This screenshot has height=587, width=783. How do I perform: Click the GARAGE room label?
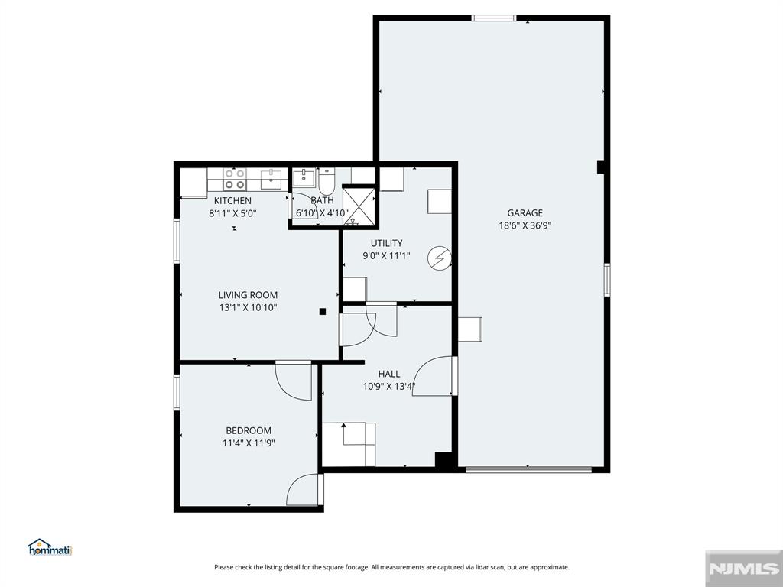(525, 213)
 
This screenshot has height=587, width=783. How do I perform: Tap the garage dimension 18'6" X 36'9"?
(525, 225)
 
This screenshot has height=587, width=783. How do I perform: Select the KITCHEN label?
(232, 201)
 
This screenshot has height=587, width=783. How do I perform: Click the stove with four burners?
(235, 180)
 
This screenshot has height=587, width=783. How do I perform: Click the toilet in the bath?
(327, 183)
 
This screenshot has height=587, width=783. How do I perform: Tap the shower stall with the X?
(359, 206)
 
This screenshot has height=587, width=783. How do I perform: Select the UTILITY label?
(386, 243)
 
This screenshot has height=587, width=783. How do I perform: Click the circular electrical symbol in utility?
(439, 258)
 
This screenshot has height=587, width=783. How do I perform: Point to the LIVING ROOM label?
(248, 295)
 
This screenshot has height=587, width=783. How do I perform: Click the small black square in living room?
(323, 311)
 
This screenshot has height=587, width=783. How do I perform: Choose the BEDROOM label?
(248, 430)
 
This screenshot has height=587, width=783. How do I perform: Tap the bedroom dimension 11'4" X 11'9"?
(248, 443)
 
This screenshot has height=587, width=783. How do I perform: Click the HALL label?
(388, 374)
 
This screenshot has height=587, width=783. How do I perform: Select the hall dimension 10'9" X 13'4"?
(388, 386)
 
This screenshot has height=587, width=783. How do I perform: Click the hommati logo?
(49, 547)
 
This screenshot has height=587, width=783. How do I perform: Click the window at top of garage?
(494, 18)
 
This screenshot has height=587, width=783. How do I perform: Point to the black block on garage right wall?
(601, 167)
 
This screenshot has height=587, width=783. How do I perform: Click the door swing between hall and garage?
(434, 376)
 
